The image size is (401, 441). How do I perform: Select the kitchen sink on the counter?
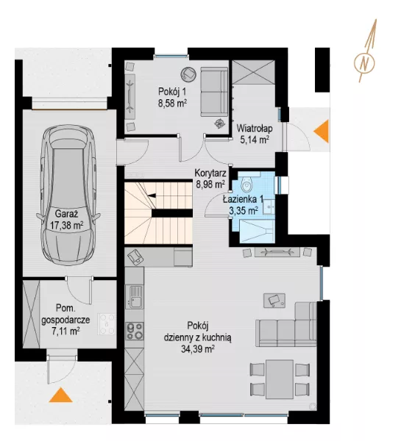[135, 296]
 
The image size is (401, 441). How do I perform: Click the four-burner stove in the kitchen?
[135, 331]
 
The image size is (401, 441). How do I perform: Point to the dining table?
[280, 379]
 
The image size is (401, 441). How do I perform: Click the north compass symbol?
[365, 51]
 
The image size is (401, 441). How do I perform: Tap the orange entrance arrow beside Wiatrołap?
[322, 131]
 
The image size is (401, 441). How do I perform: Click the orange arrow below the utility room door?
[61, 395]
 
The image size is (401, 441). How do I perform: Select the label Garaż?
[66, 214]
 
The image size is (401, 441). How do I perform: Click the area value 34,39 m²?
[198, 349]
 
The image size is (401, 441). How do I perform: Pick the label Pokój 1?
[172, 91]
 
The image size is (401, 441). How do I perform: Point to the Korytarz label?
[210, 173]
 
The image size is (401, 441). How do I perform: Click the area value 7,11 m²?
[65, 331]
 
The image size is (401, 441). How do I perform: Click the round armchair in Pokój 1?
[188, 74]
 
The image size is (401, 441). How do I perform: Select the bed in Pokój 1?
[214, 92]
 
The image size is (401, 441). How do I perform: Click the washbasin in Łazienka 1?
[269, 207]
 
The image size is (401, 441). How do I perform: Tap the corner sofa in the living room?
[286, 324]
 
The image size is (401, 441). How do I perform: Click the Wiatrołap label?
[255, 129]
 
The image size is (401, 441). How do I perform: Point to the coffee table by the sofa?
[274, 301]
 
